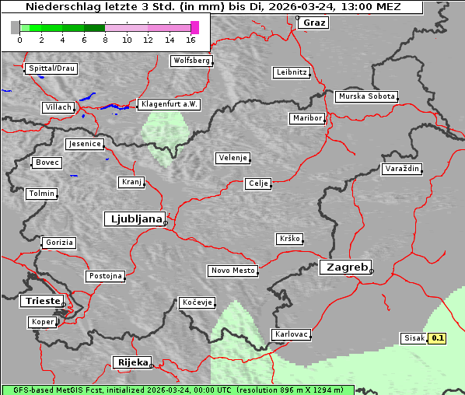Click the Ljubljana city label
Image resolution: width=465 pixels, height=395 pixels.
point(134,218)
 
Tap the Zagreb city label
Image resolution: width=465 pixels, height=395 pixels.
point(344,267)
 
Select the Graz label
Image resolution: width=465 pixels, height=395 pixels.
point(313,23)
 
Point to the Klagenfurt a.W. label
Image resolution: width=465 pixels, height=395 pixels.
point(169,104)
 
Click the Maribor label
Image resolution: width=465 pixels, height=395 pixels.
point(306,118)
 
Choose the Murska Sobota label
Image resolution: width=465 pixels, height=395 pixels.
point(366,96)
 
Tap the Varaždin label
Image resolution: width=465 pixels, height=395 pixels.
point(402,169)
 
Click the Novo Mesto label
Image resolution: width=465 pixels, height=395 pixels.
point(232,271)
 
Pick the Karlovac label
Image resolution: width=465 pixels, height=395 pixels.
point(292,334)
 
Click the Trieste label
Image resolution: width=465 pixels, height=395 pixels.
point(40,301)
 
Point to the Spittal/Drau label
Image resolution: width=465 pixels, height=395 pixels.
point(51,68)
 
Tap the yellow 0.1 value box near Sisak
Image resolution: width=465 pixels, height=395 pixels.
point(438,338)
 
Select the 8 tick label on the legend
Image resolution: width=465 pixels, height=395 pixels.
point(105,39)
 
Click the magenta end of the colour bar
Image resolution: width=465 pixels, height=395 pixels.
point(194,27)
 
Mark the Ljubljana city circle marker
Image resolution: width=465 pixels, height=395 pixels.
point(166,223)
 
